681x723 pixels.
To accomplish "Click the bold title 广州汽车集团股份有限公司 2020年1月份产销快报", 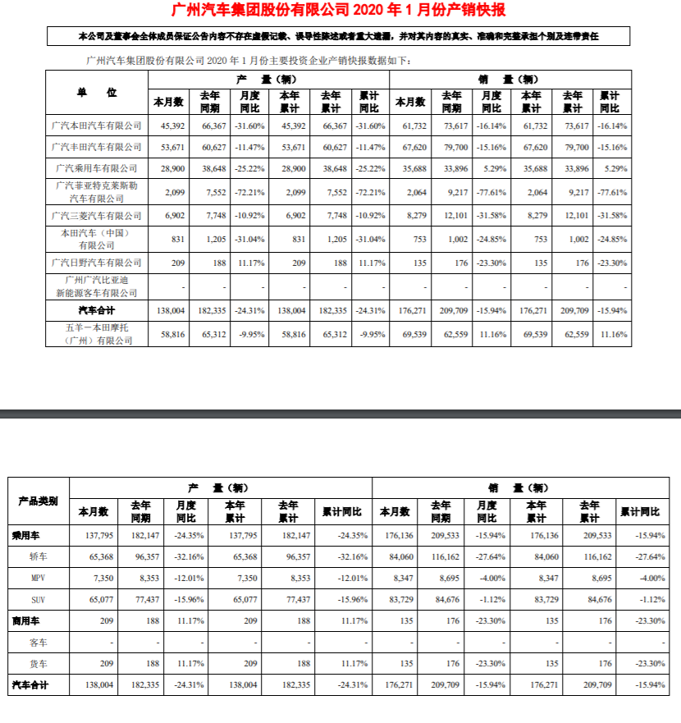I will [340, 11].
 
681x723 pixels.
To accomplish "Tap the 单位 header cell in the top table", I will [97, 92].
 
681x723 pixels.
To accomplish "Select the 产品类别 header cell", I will [37, 500].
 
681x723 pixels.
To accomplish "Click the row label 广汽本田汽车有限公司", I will [97, 126].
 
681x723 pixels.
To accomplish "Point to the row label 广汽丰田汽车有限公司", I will [97, 147].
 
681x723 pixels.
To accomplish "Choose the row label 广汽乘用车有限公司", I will [97, 167].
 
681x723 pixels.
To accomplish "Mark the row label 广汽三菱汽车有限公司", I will [97, 216].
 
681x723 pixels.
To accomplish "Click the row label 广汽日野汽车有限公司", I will [97, 263].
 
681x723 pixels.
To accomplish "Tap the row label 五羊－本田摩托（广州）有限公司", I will [97, 335].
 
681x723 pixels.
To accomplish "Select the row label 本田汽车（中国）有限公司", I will [97, 239].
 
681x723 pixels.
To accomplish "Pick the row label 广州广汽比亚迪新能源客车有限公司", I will [97, 286].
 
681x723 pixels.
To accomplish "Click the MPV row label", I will [37, 579].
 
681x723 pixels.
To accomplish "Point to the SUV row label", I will [37, 600].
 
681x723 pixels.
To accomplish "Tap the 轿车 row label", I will [37, 557].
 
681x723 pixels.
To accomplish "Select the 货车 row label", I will [37, 662].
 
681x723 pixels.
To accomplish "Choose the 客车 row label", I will [37, 641].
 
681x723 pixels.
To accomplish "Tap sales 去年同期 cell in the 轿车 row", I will [441, 557].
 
